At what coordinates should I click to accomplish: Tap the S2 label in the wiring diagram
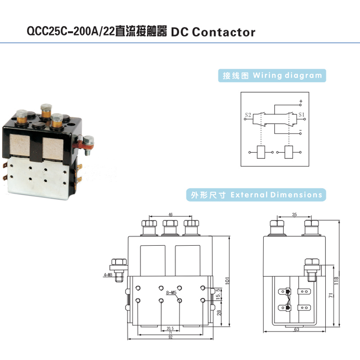click(248, 115)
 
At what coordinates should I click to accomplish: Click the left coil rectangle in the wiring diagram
click(260, 153)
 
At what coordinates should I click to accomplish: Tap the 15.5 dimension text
click(218, 293)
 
